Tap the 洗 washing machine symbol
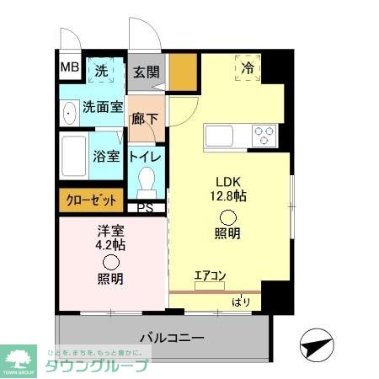[x=100, y=70]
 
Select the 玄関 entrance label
[x=146, y=72]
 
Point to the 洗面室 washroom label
[x=103, y=107]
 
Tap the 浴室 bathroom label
[x=105, y=156]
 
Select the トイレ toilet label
[x=146, y=156]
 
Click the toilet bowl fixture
[x=147, y=181]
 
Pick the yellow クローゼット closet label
[x=90, y=200]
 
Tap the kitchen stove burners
[x=264, y=132]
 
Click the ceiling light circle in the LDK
[x=228, y=215]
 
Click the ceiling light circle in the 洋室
[x=110, y=263]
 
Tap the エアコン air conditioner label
[x=209, y=274]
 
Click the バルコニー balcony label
[x=171, y=338]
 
